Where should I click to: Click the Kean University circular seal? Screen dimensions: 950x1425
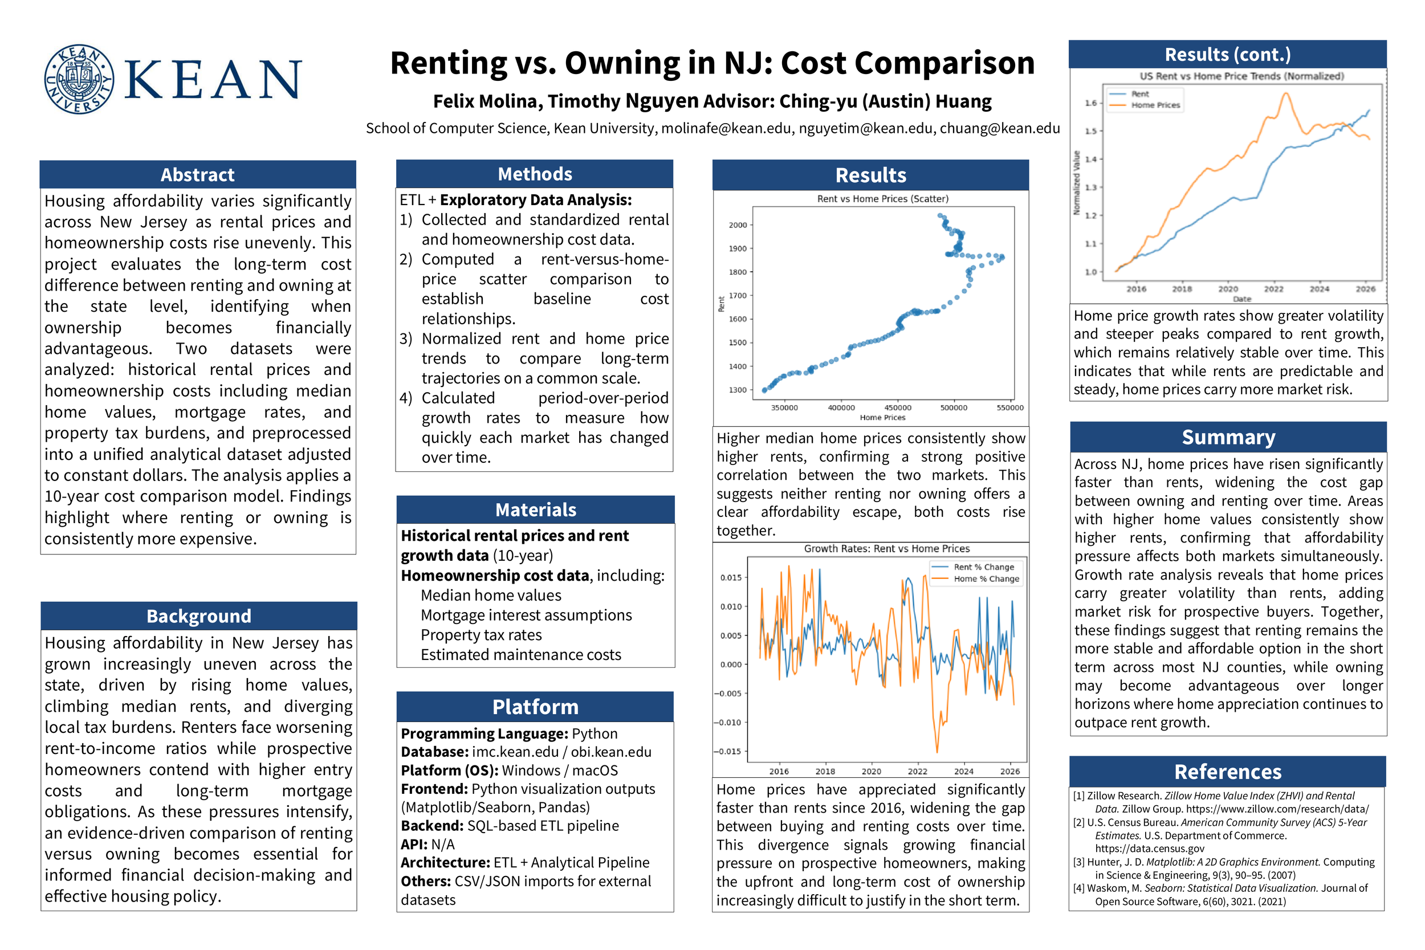click(79, 79)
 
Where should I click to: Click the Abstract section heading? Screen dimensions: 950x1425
click(198, 175)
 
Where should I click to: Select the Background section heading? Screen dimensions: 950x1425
click(199, 616)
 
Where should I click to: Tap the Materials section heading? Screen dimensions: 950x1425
click(536, 509)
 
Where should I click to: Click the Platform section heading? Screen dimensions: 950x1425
click(535, 707)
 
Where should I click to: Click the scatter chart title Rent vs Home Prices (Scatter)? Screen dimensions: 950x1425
click(882, 199)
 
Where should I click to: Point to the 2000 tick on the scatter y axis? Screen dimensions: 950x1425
click(738, 225)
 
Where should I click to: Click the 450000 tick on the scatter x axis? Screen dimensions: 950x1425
click(897, 407)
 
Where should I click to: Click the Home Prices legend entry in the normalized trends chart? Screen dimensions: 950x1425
click(1155, 105)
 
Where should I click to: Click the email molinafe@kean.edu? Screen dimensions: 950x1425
click(726, 128)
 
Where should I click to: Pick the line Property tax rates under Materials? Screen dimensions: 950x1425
click(481, 635)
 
